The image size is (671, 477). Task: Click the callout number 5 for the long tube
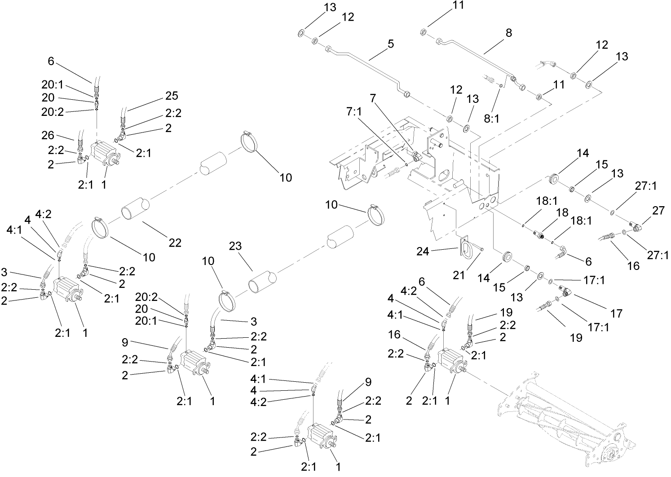pyautogui.click(x=390, y=44)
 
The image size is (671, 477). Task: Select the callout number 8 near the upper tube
pyautogui.click(x=508, y=33)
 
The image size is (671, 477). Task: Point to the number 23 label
pyautogui.click(x=235, y=246)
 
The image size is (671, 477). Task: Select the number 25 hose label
pyautogui.click(x=171, y=96)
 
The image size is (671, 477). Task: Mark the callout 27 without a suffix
pyautogui.click(x=658, y=211)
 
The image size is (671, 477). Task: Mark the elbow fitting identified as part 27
pyautogui.click(x=635, y=227)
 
